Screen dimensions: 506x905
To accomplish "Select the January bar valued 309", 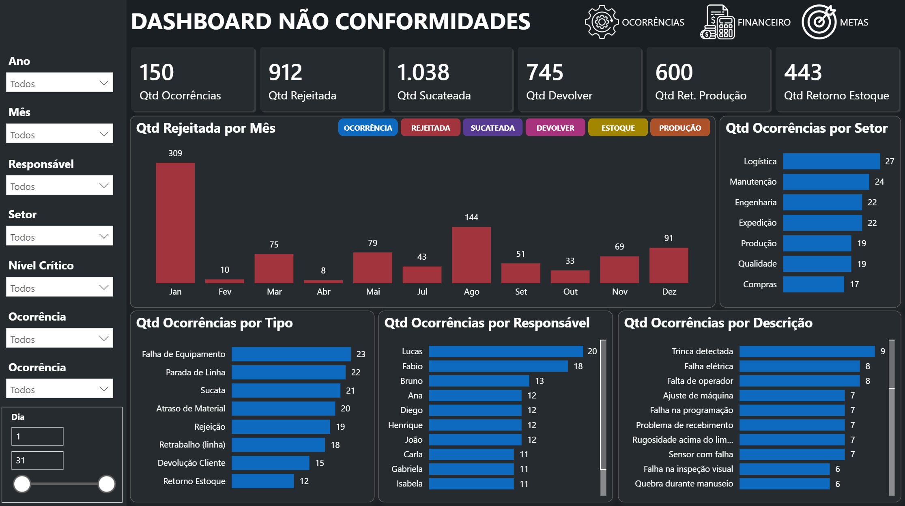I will [175, 223].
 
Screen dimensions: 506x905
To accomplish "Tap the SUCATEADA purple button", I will [492, 128].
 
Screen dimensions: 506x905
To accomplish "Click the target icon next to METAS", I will [819, 22].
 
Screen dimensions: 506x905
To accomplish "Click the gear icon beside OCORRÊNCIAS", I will [601, 22].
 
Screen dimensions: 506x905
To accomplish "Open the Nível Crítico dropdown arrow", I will [104, 288].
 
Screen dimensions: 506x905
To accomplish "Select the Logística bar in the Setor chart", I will [831, 161].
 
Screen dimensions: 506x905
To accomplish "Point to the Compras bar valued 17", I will [813, 284].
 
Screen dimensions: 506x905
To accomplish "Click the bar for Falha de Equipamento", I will [291, 354].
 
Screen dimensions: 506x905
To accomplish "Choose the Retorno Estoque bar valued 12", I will [262, 481].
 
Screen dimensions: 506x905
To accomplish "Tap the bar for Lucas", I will [505, 351].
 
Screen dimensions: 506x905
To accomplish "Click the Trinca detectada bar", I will [806, 351].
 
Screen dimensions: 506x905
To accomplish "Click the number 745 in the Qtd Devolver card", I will [544, 73].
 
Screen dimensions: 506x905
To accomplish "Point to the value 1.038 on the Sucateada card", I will [423, 73].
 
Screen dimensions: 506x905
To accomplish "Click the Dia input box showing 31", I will [37, 461].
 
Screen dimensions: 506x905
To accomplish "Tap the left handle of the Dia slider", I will [22, 484].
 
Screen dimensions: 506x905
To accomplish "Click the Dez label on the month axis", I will [669, 292].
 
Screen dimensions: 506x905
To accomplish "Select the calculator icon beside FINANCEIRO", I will [717, 22].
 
